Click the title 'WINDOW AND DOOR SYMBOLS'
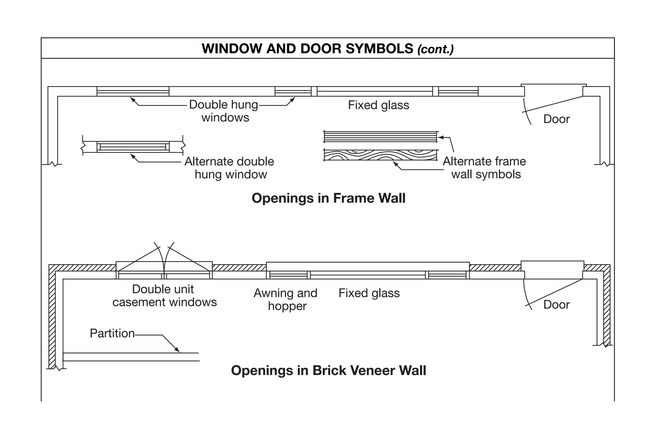point(307,48)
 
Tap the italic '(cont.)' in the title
point(435,49)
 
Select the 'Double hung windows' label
point(224,111)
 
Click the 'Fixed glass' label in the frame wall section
point(379,105)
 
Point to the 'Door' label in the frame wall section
point(556,119)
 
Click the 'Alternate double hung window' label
point(229,168)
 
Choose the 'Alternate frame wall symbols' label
point(484,168)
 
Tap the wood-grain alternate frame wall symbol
point(380,155)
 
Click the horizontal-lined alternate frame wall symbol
point(380,136)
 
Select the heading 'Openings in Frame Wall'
point(328,198)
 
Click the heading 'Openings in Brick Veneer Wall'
point(328,370)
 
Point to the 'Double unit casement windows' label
point(164,295)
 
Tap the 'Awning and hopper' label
point(286,299)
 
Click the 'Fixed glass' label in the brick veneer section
point(369,293)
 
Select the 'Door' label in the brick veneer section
point(556,304)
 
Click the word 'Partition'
point(112,333)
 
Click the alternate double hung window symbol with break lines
point(133,147)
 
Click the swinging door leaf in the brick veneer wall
point(554,293)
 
